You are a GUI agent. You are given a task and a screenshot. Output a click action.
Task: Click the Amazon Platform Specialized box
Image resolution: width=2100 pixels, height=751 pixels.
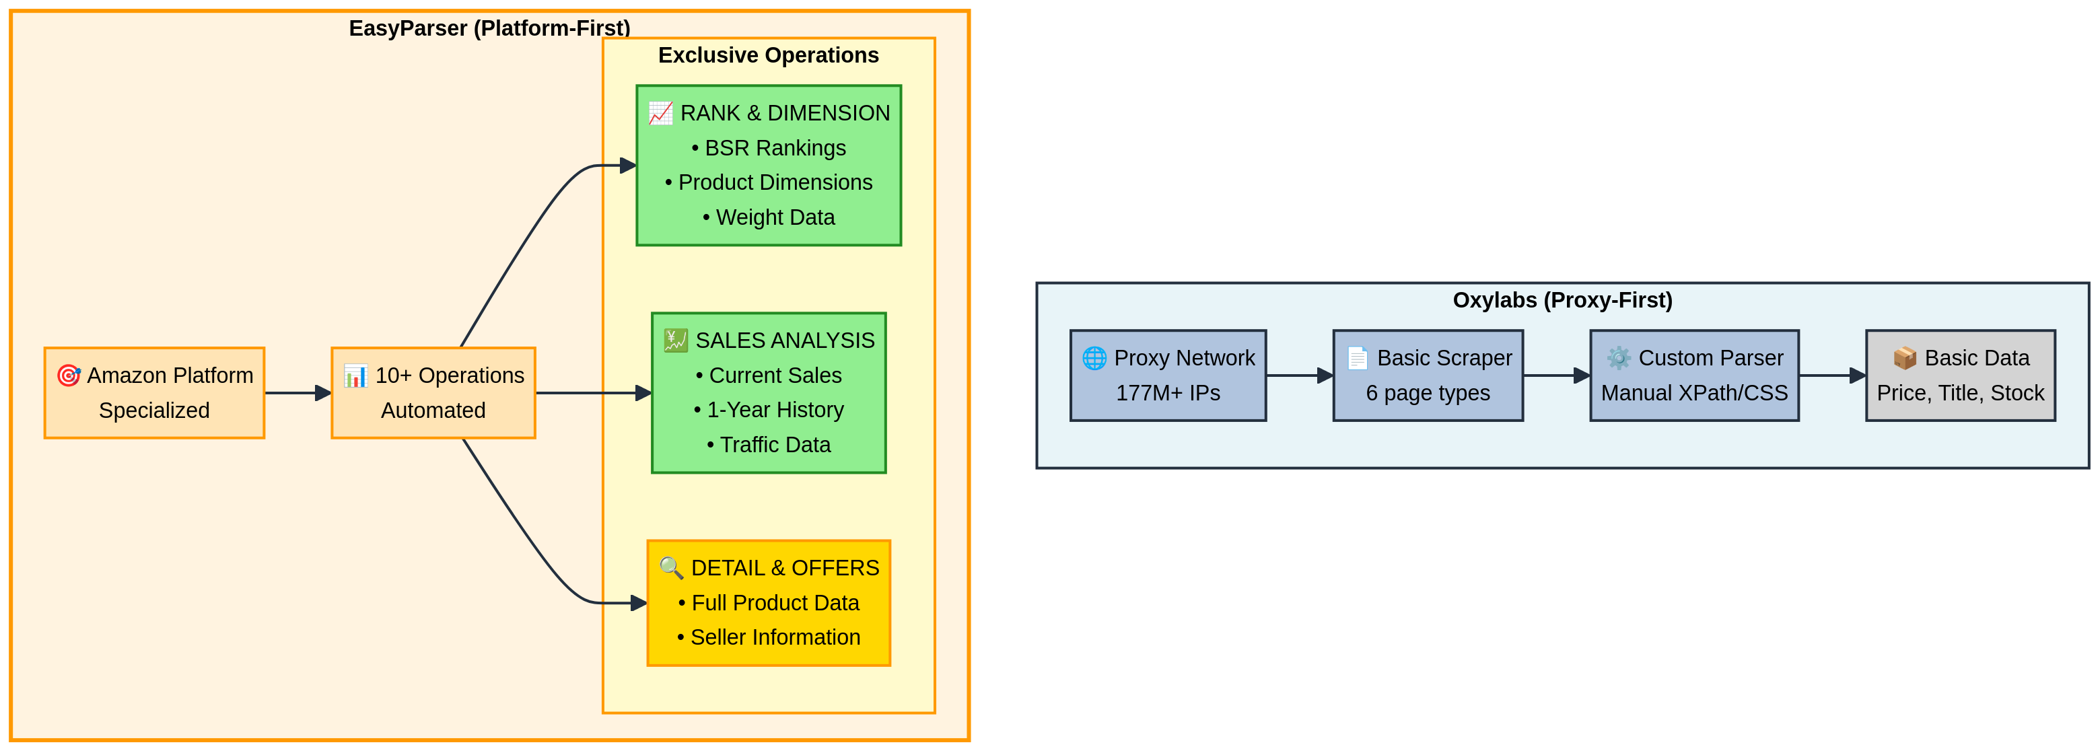(x=154, y=393)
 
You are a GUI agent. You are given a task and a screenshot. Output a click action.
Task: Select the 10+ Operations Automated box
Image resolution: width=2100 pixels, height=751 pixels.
(x=433, y=393)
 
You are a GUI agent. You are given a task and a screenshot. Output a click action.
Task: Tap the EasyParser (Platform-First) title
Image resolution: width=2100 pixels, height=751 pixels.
(x=489, y=28)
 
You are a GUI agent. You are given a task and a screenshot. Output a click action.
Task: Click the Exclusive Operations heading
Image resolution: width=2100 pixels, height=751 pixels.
(x=768, y=55)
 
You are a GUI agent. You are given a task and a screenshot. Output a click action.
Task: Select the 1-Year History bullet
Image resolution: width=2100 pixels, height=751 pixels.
(x=768, y=409)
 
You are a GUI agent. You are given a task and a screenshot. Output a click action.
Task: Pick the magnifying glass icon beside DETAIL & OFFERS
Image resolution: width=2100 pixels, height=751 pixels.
(x=671, y=567)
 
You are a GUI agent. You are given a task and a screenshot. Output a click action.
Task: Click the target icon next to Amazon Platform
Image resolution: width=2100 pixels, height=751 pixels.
(x=69, y=375)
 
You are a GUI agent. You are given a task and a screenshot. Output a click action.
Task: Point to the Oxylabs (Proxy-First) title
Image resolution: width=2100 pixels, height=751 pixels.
(x=1562, y=300)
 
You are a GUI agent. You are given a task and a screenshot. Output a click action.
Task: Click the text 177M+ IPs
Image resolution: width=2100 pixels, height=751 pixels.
(x=1167, y=393)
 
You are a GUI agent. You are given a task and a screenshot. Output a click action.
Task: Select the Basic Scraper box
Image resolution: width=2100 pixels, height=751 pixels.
(x=1428, y=375)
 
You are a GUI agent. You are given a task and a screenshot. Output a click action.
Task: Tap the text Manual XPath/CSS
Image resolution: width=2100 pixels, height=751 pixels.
(x=1694, y=393)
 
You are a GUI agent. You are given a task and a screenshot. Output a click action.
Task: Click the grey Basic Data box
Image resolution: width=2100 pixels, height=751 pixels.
(x=1960, y=375)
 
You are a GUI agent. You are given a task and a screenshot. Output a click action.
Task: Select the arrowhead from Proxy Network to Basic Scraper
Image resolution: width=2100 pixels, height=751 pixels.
(x=1325, y=376)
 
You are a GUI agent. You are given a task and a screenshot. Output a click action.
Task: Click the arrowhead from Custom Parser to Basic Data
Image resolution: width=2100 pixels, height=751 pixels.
(x=1857, y=376)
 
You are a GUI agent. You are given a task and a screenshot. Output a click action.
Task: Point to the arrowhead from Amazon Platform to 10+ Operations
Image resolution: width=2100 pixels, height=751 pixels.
(x=323, y=393)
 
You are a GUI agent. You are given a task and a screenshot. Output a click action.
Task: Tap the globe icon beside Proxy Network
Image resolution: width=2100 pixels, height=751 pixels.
(x=1094, y=358)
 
